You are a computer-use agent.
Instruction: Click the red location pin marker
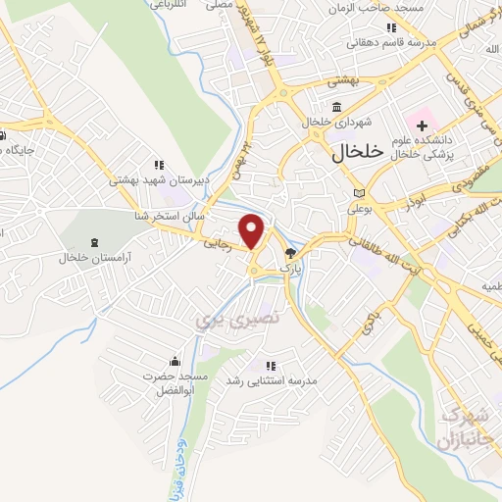253,231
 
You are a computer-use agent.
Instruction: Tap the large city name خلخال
341,152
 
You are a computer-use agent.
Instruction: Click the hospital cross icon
422,125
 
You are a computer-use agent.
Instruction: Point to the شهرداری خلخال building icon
336,107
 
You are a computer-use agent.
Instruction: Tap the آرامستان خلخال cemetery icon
94,241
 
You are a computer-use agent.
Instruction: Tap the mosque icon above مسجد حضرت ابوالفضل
176,361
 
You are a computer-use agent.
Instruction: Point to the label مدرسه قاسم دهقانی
390,44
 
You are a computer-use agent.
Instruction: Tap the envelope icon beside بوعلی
359,192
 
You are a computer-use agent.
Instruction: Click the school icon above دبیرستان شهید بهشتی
159,165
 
